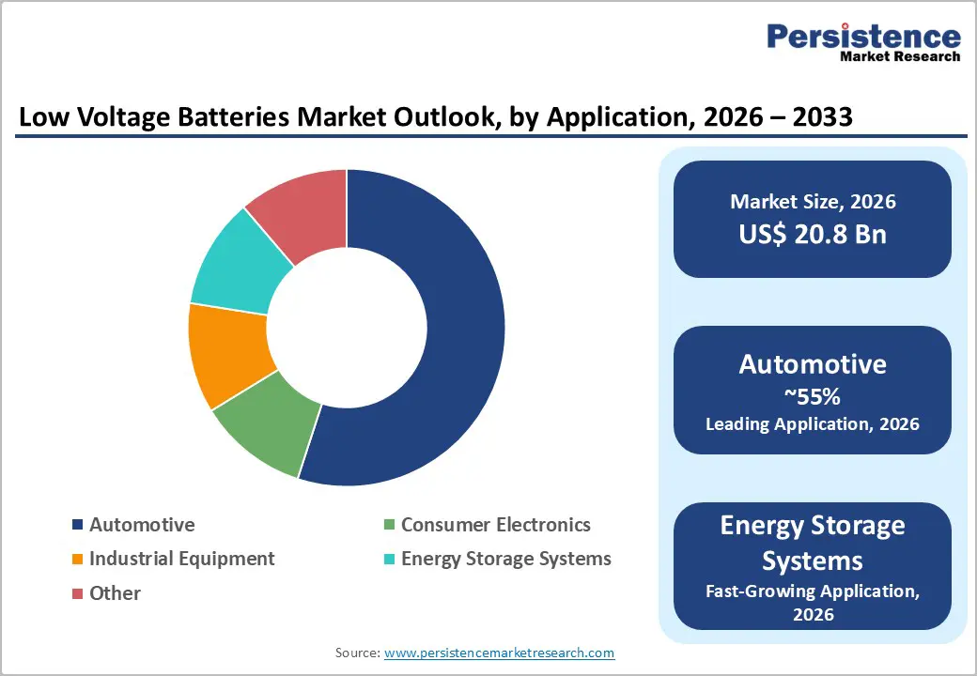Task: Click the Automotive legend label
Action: (142, 525)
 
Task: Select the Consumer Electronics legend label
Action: (495, 525)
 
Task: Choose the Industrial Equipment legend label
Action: (181, 559)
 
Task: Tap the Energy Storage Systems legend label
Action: (505, 559)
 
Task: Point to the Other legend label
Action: (115, 593)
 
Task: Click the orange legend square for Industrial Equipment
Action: (77, 560)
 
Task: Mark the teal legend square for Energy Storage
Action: (389, 560)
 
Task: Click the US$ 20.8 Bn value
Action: (813, 234)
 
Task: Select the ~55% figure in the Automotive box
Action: (813, 396)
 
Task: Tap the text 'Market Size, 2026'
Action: (813, 202)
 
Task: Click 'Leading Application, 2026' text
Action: (813, 423)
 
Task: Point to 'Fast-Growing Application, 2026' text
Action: (813, 601)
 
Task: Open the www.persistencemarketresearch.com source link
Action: (499, 653)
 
